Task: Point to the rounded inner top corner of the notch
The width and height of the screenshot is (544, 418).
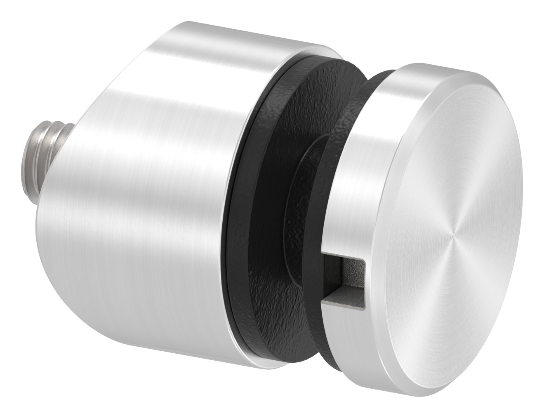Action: tap(363, 261)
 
